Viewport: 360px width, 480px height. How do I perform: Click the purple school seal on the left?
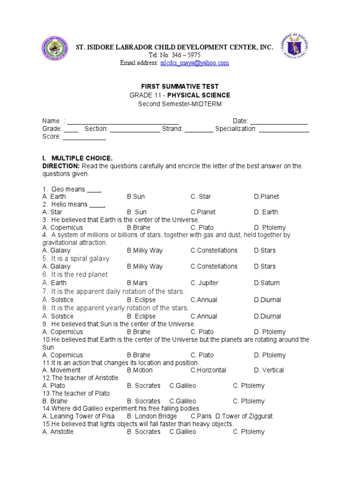coord(54,49)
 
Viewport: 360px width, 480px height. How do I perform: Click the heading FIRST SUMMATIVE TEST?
coord(180,87)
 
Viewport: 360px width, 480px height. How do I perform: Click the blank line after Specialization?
coord(284,129)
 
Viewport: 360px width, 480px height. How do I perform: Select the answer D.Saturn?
coord(267,283)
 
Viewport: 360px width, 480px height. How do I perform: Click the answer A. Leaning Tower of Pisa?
coord(77,416)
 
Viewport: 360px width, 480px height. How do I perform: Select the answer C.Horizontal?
coord(208,370)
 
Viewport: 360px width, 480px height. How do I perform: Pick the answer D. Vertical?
coord(269,370)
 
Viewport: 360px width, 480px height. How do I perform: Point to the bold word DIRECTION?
coord(59,166)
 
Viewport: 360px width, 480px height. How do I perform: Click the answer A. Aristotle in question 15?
coord(58,432)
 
